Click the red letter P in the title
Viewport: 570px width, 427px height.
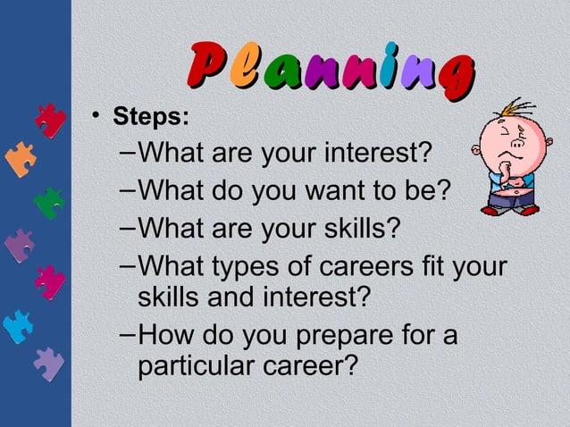(207, 65)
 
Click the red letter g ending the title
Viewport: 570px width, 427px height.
(452, 71)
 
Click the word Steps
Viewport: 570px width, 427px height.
(150, 117)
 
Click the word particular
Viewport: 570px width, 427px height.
(203, 366)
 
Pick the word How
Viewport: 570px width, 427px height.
(166, 336)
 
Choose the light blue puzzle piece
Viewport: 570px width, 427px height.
(18, 326)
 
